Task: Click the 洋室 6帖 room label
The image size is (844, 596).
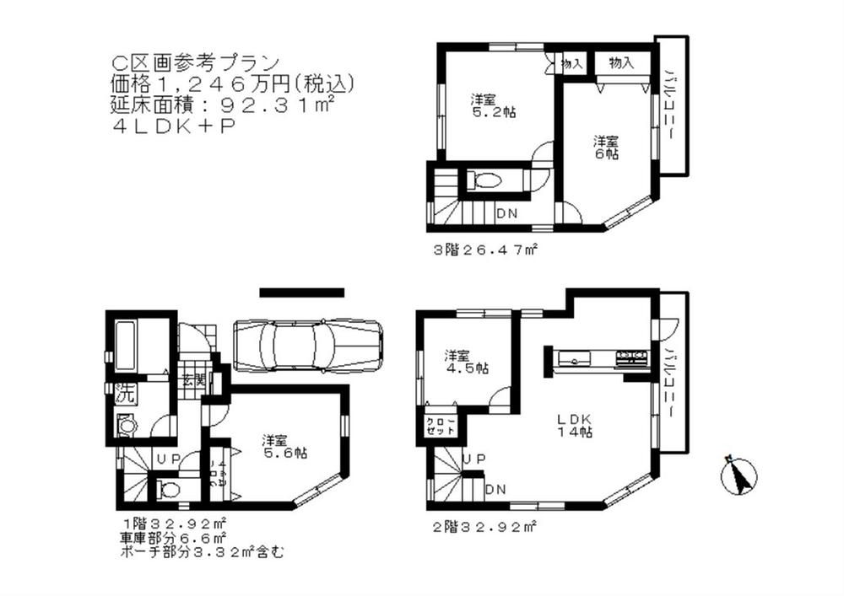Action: click(607, 148)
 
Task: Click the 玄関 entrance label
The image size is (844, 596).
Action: click(193, 380)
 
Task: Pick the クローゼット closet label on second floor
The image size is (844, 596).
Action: click(440, 425)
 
